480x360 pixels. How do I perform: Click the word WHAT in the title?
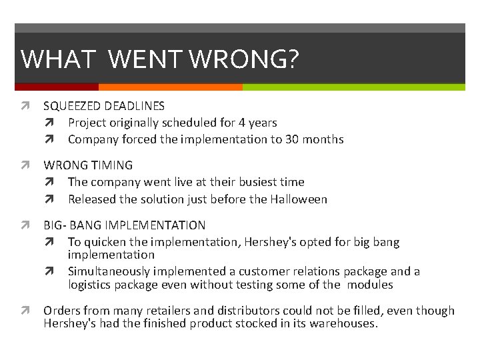click(58, 60)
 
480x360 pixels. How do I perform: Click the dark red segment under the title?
click(56, 87)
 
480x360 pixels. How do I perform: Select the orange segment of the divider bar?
click(170, 87)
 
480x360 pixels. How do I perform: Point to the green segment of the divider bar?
click(353, 87)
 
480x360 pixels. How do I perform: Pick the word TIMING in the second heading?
click(110, 165)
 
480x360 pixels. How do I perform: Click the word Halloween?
click(298, 199)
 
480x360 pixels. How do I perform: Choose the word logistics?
click(90, 285)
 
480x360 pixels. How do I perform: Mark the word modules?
click(372, 285)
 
